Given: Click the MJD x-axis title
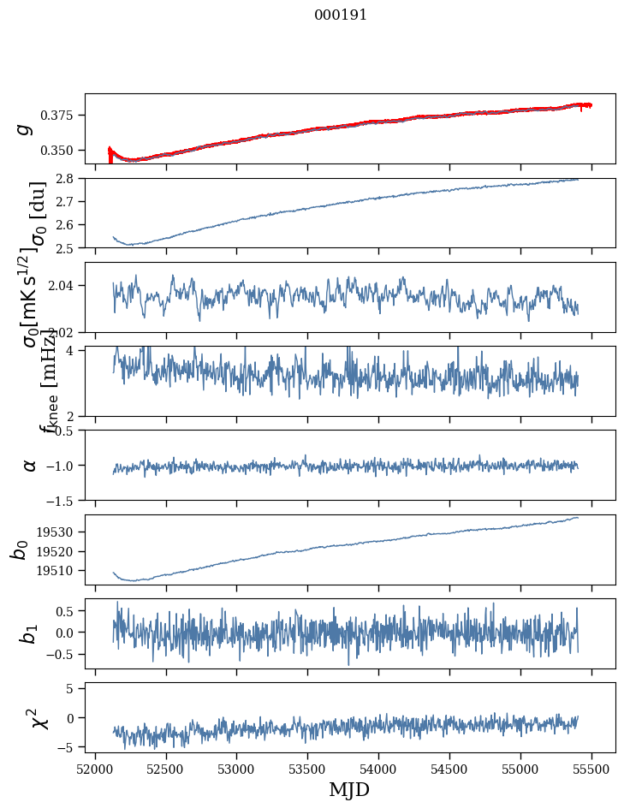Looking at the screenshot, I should [349, 789].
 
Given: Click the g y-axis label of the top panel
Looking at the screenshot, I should [26, 128].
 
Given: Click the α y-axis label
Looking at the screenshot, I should [30, 465].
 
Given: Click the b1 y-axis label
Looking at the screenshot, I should [30, 633].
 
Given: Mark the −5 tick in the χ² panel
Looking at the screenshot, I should [70, 747].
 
